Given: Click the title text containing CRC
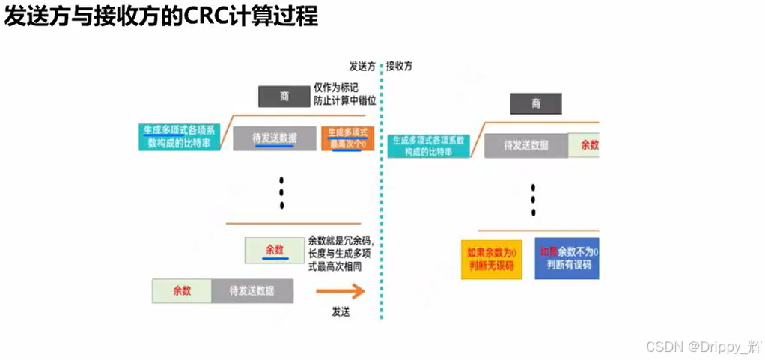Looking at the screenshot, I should pyautogui.click(x=161, y=17).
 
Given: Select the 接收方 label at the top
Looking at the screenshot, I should pyautogui.click(x=399, y=66).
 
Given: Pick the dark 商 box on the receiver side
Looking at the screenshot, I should pyautogui.click(x=536, y=103).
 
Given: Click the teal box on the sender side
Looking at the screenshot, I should pyautogui.click(x=179, y=136).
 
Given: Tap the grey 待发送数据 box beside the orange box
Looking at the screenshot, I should pyautogui.click(x=274, y=138).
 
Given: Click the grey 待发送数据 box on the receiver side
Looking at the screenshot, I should pyautogui.click(x=526, y=145).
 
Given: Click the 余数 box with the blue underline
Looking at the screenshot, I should pyautogui.click(x=275, y=250).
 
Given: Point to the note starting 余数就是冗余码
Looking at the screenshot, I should pyautogui.click(x=341, y=252).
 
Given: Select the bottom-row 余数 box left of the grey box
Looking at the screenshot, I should pyautogui.click(x=182, y=290).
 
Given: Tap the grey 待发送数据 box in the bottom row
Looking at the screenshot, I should pyautogui.click(x=252, y=290).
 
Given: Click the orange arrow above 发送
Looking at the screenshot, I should pyautogui.click(x=339, y=291).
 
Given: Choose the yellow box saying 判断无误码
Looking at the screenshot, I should pyautogui.click(x=491, y=259).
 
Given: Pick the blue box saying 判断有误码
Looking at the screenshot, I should pyautogui.click(x=567, y=259).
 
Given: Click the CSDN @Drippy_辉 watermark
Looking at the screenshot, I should pyautogui.click(x=704, y=347).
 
